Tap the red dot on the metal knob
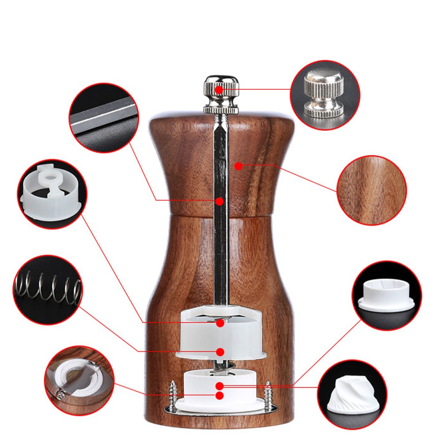coord(219,90)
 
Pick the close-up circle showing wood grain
coord(371,190)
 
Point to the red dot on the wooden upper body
coord(238,166)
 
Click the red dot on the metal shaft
coord(220,201)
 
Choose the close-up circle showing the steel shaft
coord(104,118)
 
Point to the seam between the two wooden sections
coord(220,216)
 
